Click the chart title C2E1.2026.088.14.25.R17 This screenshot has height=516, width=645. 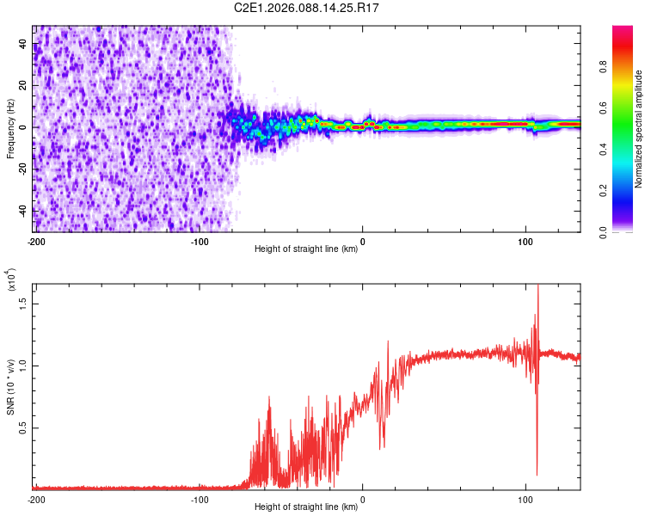click(307, 8)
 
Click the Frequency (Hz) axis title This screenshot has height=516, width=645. click(10, 129)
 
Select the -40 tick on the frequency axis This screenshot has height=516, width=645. click(22, 211)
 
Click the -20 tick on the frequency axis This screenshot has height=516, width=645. click(22, 169)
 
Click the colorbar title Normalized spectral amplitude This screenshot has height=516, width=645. click(638, 129)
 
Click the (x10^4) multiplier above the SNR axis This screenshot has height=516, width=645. click(11, 279)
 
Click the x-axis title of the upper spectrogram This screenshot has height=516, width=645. click(306, 249)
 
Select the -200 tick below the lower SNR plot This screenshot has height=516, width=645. click(36, 499)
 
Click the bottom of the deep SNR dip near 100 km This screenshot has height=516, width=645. click(537, 475)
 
